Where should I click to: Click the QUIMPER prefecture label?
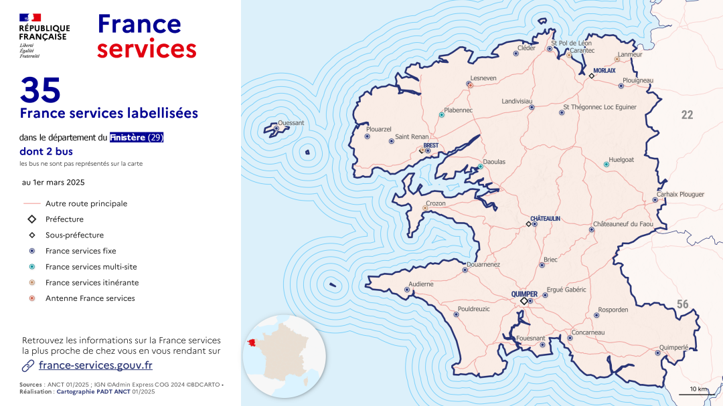click(x=524, y=294)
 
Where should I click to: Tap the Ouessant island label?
click(x=291, y=123)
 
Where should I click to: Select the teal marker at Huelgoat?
click(x=607, y=164)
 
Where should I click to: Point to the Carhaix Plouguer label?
click(x=680, y=195)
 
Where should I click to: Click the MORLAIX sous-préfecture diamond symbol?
click(x=591, y=77)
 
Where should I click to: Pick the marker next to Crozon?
click(x=424, y=208)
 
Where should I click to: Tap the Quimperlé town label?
click(x=673, y=347)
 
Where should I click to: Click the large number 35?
click(x=40, y=90)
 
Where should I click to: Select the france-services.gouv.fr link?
click(x=95, y=365)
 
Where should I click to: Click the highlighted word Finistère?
click(x=128, y=138)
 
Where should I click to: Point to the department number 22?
click(x=687, y=115)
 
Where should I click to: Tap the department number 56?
click(x=682, y=304)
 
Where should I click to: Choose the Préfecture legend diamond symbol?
click(x=32, y=219)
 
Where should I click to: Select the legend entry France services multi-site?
click(x=91, y=267)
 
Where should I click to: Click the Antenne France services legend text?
click(x=90, y=298)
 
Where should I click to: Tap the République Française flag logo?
click(x=31, y=17)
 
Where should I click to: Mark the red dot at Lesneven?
click(x=471, y=86)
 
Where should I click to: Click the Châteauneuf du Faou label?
click(x=623, y=224)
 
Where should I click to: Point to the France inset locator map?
click(x=284, y=357)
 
